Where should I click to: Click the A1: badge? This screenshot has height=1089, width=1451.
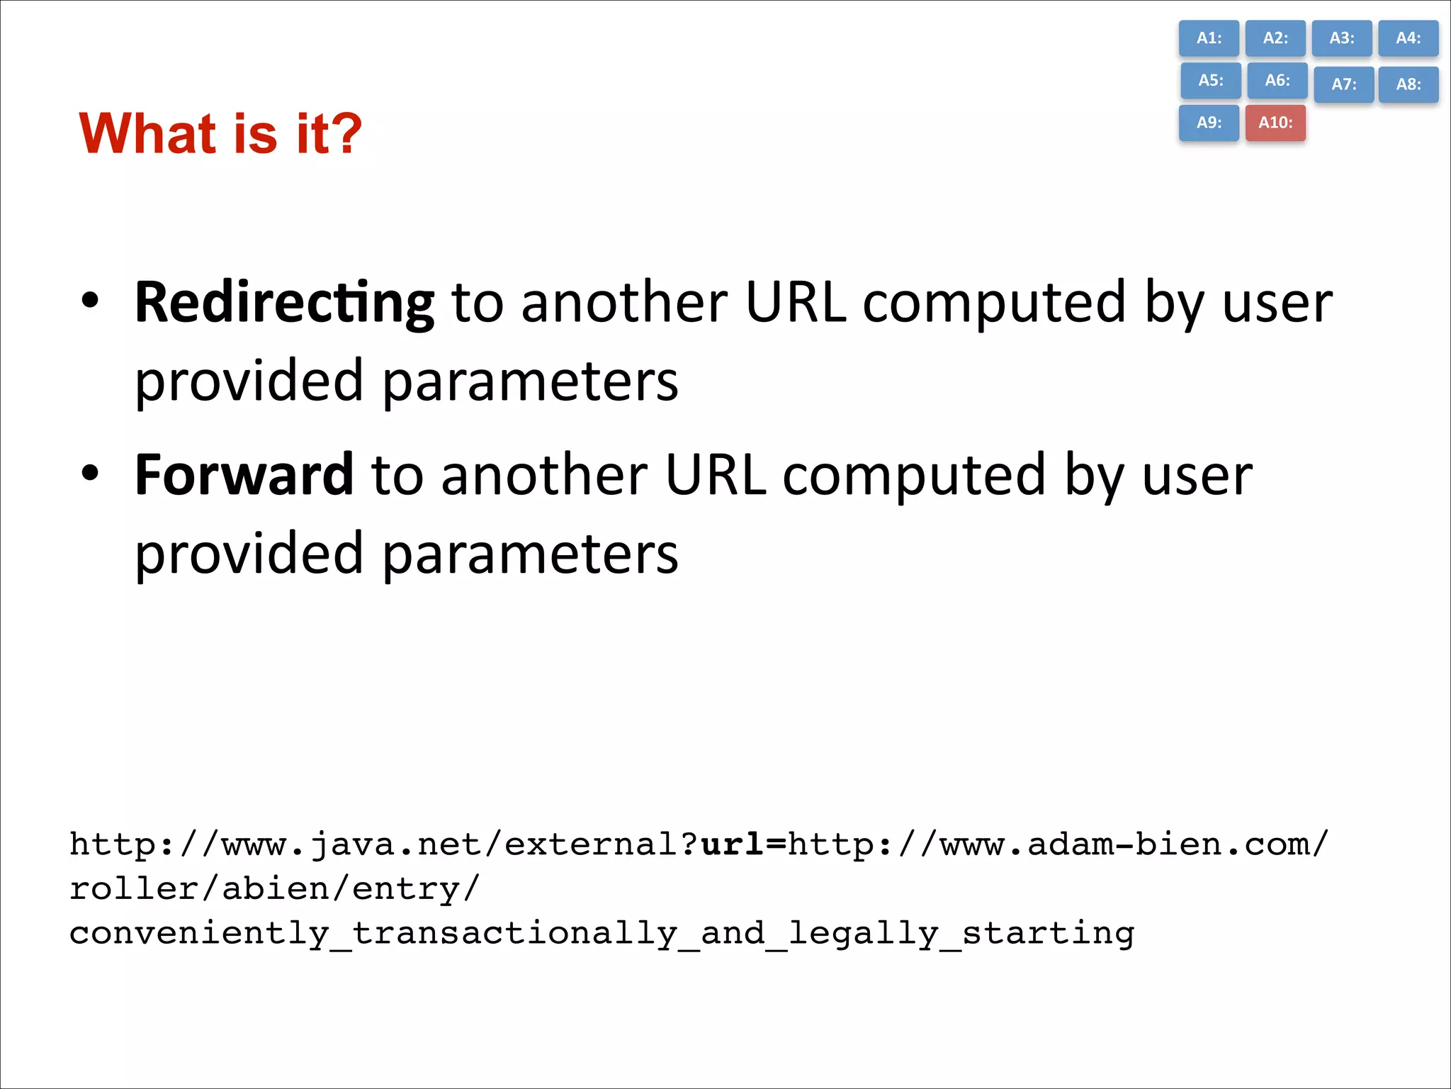coord(1209,38)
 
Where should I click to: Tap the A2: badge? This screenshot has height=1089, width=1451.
coord(1275,38)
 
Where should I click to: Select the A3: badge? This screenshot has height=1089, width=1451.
coord(1341,38)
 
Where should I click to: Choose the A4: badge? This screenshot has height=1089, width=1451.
coord(1408,38)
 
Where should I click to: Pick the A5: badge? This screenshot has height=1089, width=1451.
coord(1210,80)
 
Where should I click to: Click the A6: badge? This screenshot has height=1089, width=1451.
coord(1277,80)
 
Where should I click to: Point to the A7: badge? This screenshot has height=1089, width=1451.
coord(1343,84)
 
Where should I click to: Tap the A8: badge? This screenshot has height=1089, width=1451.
coord(1408,84)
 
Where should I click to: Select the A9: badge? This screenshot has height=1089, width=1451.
coord(1209,123)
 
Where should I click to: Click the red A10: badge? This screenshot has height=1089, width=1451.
coord(1275,123)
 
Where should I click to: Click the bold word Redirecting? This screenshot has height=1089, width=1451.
coord(283,303)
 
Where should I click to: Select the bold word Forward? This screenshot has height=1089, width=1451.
coord(244,475)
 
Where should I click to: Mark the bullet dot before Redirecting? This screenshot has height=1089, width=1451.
coord(90,301)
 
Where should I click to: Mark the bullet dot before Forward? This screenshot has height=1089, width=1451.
coord(90,473)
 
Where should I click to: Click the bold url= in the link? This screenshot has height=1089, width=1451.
coord(743,844)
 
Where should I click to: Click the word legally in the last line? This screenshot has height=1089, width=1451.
coord(863,933)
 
